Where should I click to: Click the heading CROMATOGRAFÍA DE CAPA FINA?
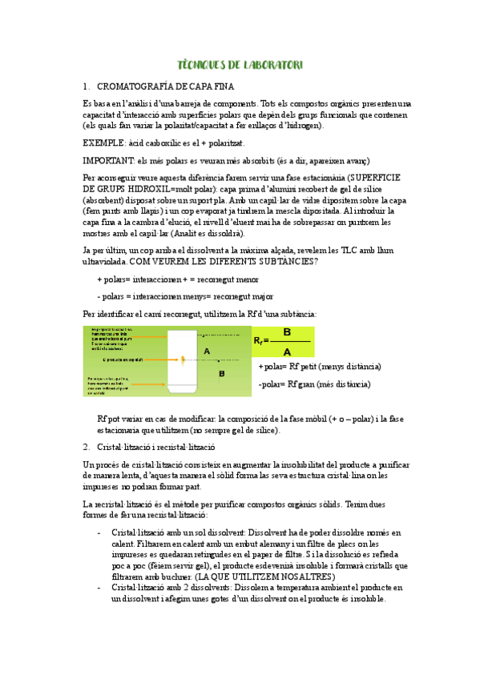[165, 86]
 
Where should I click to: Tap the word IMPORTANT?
[108, 160]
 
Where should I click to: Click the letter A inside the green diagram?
[207, 351]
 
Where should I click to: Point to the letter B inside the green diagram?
[222, 373]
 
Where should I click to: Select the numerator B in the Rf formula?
[288, 331]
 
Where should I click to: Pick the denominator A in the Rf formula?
[288, 351]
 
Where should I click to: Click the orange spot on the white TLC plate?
[184, 360]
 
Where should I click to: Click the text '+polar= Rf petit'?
[320, 367]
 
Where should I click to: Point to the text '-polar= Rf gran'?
[314, 384]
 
